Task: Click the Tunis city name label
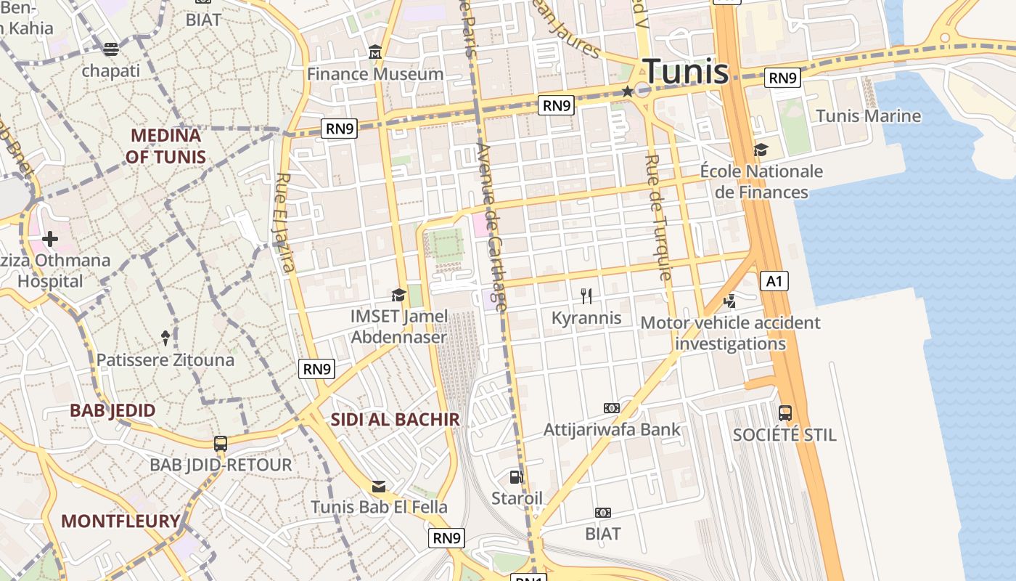pos(686,71)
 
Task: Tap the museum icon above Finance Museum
pos(375,52)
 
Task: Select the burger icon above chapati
pos(111,49)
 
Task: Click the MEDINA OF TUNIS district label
pos(165,145)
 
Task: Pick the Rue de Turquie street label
pos(657,217)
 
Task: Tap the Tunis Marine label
pos(868,115)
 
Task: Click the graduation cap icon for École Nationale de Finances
pos(761,150)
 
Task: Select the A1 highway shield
pos(774,280)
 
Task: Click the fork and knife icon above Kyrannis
pos(586,296)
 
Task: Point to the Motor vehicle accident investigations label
pos(730,333)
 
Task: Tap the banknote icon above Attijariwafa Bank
pos(612,408)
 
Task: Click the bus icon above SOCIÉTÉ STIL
pos(784,413)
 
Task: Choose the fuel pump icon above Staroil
pos(517,476)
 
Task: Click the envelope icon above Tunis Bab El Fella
pos(379,486)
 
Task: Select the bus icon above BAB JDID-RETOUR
pos(221,443)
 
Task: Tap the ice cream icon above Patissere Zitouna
pos(165,338)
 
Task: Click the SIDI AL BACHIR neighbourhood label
pos(396,419)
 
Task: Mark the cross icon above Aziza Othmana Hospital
pos(50,238)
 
